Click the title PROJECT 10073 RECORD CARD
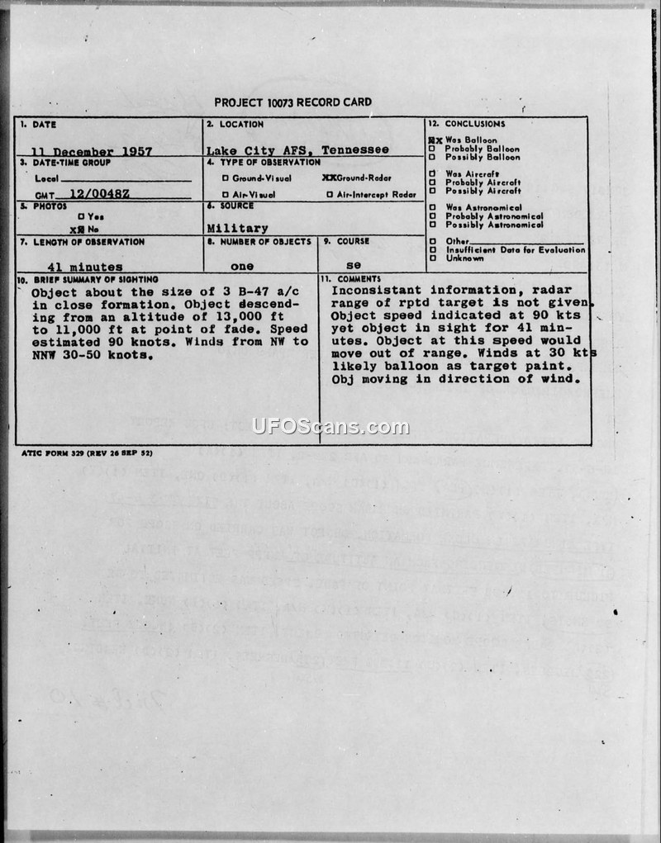(292, 102)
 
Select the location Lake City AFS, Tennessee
(297, 150)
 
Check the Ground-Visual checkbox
(225, 178)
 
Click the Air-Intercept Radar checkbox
(330, 195)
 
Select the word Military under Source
(237, 228)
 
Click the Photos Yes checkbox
(81, 216)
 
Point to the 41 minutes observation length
(85, 267)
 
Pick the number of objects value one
(242, 267)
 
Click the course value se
(353, 267)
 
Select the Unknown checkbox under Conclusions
(432, 258)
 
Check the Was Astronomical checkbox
(432, 208)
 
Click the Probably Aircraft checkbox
(432, 182)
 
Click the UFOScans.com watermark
(330, 427)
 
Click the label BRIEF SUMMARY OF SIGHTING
(87, 280)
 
